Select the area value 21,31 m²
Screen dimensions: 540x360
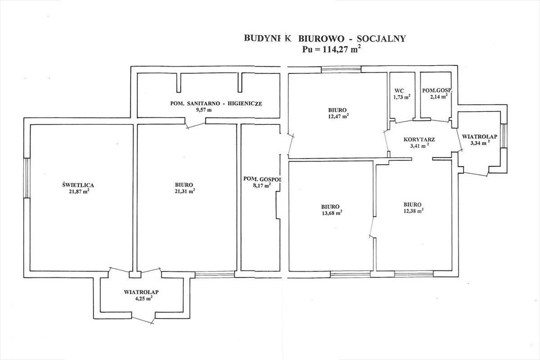[x=186, y=191]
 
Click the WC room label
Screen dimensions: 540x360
[x=399, y=91]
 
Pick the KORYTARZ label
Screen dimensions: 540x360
[x=419, y=139]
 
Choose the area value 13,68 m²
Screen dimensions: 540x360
[x=332, y=213]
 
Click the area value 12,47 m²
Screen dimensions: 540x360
[x=337, y=116]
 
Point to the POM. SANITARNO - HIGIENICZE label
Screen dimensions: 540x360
[x=217, y=103]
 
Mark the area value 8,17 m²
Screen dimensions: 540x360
[x=261, y=185]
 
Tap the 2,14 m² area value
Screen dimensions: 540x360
[x=438, y=97]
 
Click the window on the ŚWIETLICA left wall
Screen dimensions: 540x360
[x=27, y=178]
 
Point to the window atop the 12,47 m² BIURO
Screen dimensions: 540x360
[x=341, y=70]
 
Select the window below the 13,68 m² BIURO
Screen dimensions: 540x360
[x=350, y=274]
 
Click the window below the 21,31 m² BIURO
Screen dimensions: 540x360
[x=215, y=274]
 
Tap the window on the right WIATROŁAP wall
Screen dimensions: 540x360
[x=504, y=135]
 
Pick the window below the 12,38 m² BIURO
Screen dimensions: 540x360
[x=414, y=274]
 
